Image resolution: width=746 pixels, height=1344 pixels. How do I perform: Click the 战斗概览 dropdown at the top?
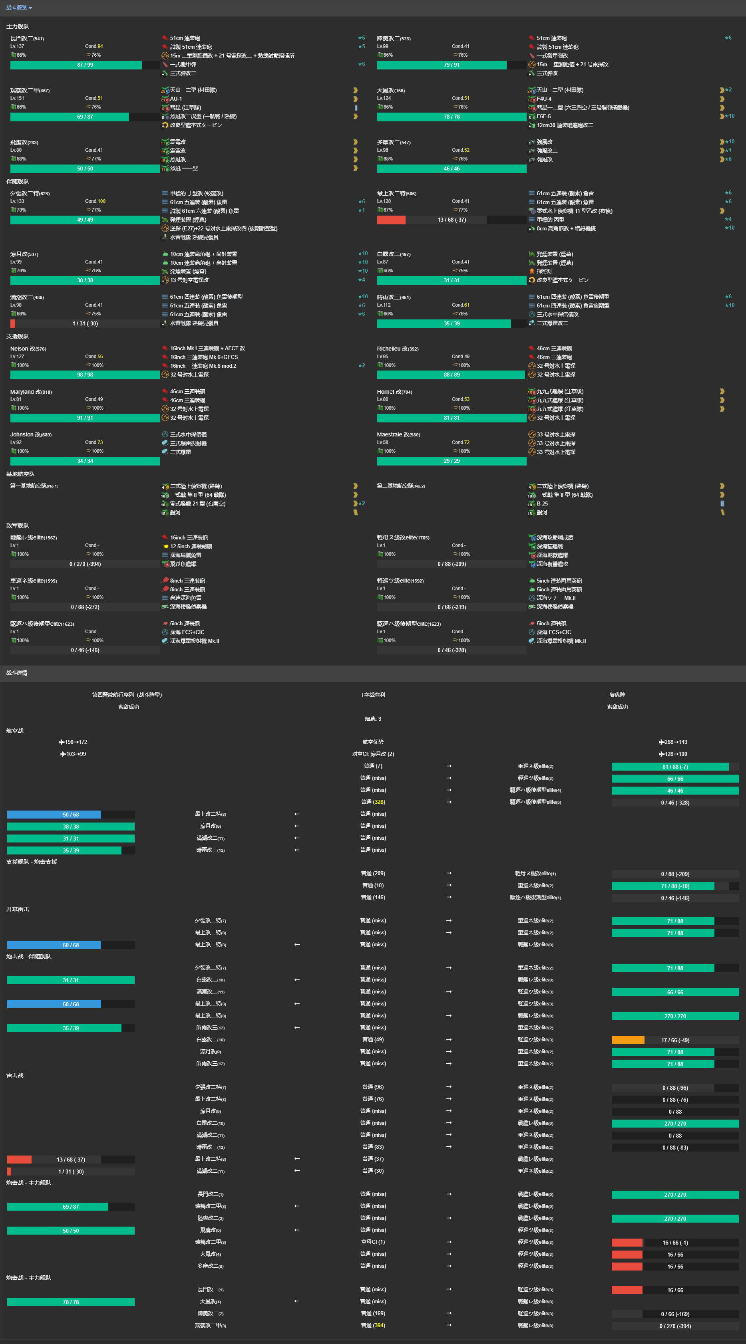(19, 8)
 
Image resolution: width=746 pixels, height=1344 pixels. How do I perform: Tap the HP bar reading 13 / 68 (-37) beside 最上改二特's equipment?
(451, 220)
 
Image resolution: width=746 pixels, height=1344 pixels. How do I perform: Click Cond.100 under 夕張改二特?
(95, 201)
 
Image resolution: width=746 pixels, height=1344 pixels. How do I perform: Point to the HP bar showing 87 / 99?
(85, 65)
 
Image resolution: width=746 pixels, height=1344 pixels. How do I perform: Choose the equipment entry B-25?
(542, 504)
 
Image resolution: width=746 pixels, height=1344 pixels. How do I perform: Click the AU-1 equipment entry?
(176, 99)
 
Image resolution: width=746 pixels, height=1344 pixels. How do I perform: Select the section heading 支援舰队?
(17, 336)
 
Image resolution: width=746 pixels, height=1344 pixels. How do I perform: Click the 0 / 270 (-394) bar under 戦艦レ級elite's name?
(85, 564)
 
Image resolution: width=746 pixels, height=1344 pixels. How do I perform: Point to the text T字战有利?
(373, 695)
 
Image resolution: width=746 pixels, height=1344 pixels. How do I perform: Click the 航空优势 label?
(373, 742)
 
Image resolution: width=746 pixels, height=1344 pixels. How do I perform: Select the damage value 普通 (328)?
(373, 802)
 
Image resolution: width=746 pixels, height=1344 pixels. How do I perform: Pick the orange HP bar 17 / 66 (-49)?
(674, 1041)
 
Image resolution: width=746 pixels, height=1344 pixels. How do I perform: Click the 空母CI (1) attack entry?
(373, 1242)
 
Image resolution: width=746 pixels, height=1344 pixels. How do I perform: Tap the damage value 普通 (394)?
(373, 1325)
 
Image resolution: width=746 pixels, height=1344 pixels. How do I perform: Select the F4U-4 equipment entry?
(543, 99)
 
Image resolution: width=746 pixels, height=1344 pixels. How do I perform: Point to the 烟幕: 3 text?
(373, 719)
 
